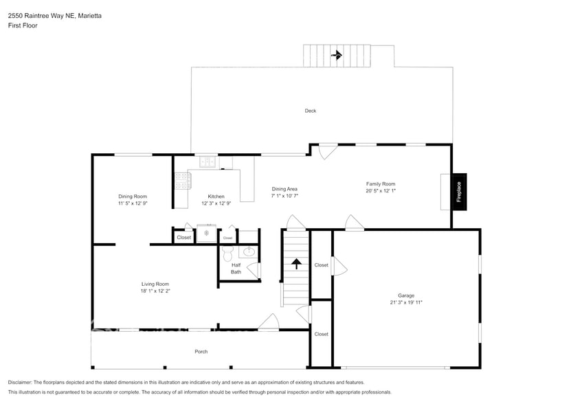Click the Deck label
pyautogui.click(x=311, y=111)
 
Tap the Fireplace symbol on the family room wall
pyautogui.click(x=458, y=190)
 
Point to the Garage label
pyautogui.click(x=406, y=295)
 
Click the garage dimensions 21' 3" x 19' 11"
pyautogui.click(x=406, y=302)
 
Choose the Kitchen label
pyautogui.click(x=216, y=197)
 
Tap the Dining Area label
pyautogui.click(x=284, y=189)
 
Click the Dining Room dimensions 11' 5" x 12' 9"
pyautogui.click(x=133, y=203)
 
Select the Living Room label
pyautogui.click(x=155, y=284)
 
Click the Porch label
pyautogui.click(x=201, y=352)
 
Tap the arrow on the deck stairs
pyautogui.click(x=336, y=56)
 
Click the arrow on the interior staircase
pyautogui.click(x=296, y=263)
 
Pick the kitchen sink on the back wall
pyautogui.click(x=208, y=162)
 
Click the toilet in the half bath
pyautogui.click(x=228, y=251)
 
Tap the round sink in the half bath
pyautogui.click(x=250, y=251)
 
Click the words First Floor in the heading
pyautogui.click(x=23, y=25)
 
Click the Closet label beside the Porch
pyautogui.click(x=321, y=334)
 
